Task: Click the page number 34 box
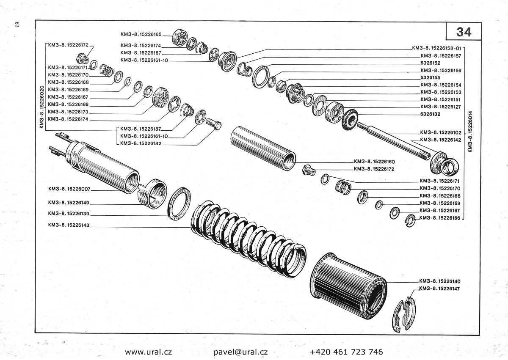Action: (464, 31)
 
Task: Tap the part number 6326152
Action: (431, 63)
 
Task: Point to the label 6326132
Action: (431, 114)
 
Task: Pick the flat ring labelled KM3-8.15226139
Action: (179, 202)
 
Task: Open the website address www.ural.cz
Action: (148, 352)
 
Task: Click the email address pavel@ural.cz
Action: (241, 352)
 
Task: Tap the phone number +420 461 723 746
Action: (346, 352)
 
